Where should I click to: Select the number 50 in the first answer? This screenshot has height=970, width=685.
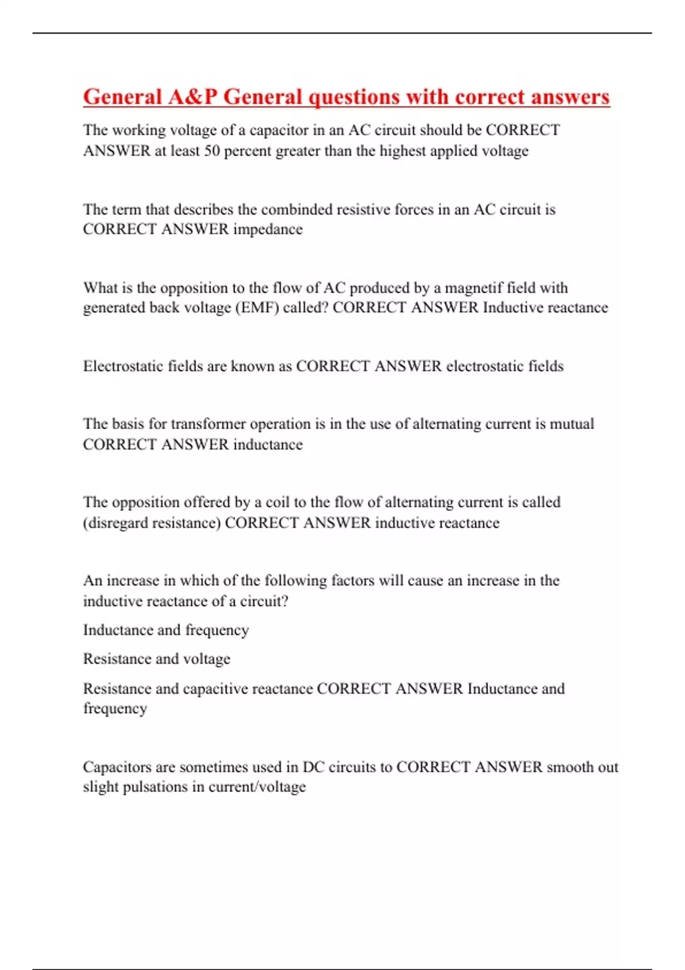click(212, 151)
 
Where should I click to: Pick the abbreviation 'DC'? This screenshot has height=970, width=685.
click(313, 767)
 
